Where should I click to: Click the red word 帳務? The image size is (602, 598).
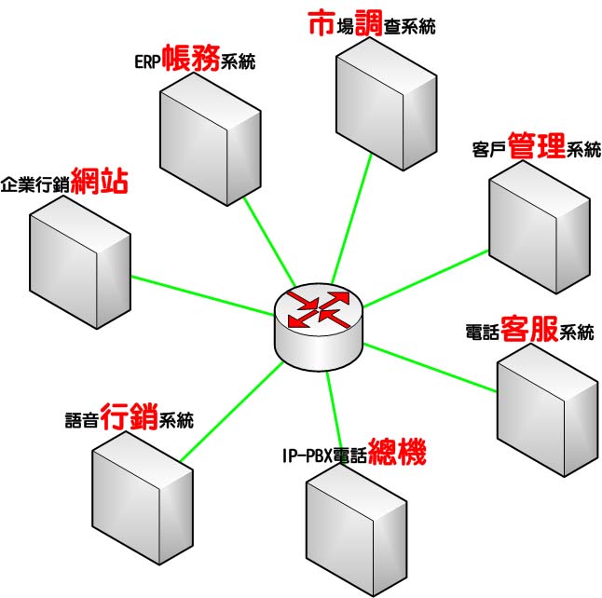191,60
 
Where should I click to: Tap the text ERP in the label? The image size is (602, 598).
146,62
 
